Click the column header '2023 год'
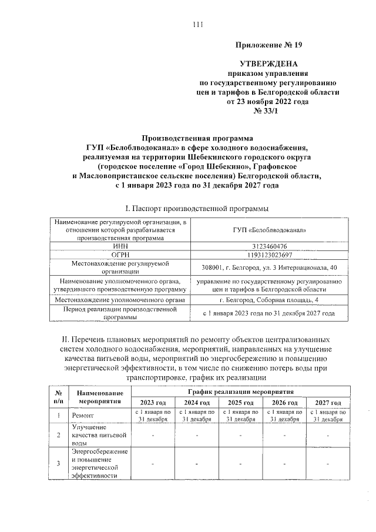(153, 403)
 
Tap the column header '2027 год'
(328, 403)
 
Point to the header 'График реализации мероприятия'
(240, 392)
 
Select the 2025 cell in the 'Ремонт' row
(240, 416)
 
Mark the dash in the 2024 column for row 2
(197, 436)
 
